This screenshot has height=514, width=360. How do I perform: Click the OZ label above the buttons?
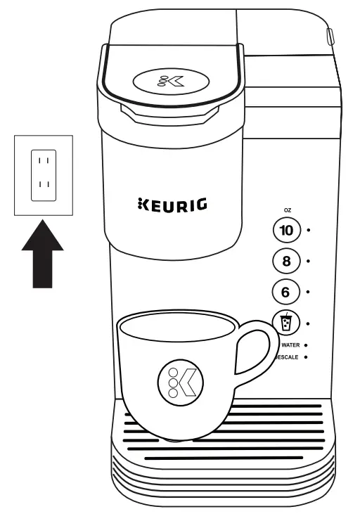pos(287,210)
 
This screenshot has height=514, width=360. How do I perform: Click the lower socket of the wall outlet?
pos(43,187)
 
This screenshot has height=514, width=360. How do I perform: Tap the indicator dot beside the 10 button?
pos(309,230)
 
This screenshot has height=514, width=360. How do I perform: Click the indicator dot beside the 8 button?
pos(309,261)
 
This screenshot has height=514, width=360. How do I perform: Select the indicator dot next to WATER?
pos(307,345)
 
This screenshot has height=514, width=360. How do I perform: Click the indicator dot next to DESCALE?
pos(307,358)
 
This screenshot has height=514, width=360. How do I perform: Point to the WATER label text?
pos(291,345)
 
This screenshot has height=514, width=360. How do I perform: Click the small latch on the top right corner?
pos(329,34)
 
